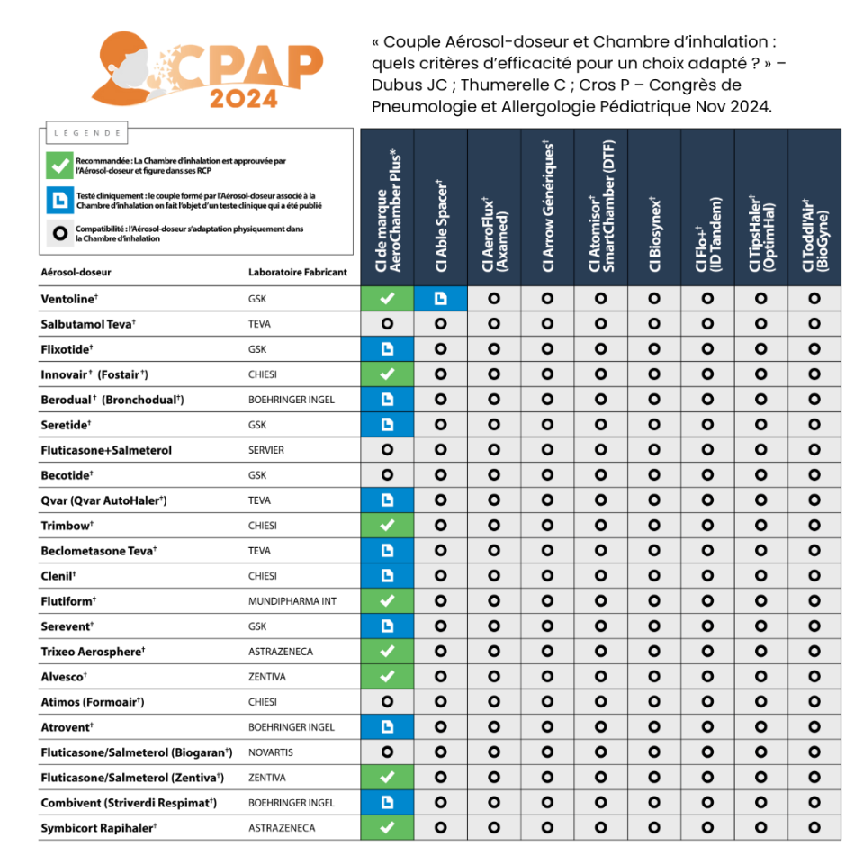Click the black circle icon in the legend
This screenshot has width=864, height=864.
(58, 233)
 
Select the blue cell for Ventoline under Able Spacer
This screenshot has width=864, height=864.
(440, 299)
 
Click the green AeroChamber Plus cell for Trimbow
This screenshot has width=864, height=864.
(387, 526)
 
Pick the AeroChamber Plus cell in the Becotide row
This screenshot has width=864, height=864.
(387, 475)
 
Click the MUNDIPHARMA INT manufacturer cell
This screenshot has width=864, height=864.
(292, 601)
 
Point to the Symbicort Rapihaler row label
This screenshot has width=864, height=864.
(99, 828)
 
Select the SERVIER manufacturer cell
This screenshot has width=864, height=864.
(266, 450)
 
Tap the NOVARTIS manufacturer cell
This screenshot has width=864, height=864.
(271, 752)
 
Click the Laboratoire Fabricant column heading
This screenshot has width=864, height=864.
(297, 272)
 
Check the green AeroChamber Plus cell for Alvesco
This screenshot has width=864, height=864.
(387, 677)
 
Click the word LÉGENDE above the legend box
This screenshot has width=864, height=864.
(87, 133)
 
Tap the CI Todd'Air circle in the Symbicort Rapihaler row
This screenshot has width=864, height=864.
(814, 828)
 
